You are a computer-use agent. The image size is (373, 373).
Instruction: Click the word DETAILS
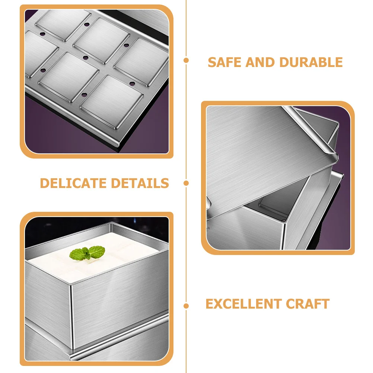(140, 183)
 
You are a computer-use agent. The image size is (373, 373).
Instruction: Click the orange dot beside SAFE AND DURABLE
(186, 60)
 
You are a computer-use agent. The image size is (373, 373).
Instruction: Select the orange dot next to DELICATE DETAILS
(186, 183)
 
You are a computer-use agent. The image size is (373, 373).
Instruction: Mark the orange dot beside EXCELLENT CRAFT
(186, 306)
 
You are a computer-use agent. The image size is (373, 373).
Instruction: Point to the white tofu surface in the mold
(112, 261)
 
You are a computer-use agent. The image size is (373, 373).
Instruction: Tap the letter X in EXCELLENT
(218, 304)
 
